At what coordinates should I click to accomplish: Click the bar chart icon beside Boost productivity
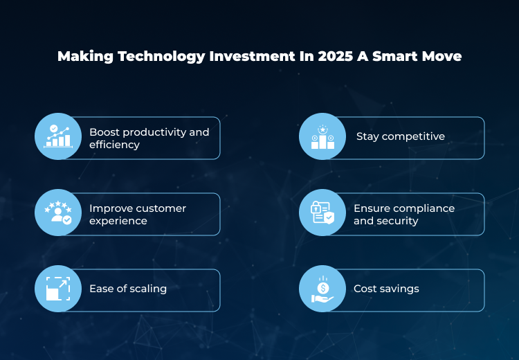click(x=58, y=136)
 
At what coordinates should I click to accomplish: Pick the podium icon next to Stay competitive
click(x=322, y=136)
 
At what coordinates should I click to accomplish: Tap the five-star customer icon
click(x=58, y=213)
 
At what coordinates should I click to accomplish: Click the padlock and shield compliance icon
click(x=322, y=213)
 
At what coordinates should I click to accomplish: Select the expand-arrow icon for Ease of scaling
click(x=58, y=289)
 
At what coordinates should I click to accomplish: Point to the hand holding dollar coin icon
click(x=322, y=289)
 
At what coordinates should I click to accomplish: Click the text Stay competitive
click(x=400, y=136)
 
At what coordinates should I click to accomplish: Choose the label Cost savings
click(x=386, y=289)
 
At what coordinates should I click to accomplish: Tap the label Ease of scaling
click(x=128, y=289)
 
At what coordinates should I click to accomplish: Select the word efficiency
click(x=114, y=145)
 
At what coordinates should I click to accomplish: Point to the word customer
click(x=161, y=208)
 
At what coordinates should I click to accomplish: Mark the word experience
click(x=118, y=221)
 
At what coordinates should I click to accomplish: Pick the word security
click(x=397, y=221)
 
